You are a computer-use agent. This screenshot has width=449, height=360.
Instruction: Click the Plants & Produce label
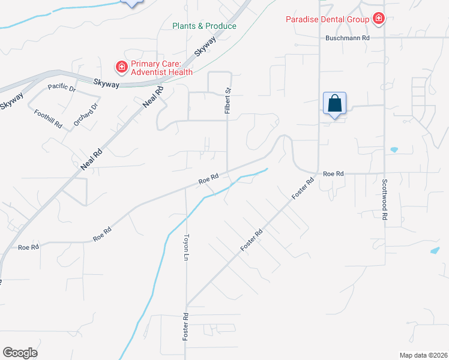204,26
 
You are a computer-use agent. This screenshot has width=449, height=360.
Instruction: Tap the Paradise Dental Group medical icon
378,19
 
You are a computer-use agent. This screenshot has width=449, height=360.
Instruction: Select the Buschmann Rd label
348,37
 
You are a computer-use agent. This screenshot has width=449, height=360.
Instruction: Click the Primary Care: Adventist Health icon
121,66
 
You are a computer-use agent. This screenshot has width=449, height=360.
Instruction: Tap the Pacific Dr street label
62,88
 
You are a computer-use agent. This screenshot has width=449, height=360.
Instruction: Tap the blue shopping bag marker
334,103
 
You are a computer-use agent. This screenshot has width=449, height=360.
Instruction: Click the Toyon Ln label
186,247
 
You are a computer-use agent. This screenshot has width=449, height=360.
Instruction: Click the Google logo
20,353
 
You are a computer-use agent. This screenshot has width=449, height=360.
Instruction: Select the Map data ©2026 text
423,355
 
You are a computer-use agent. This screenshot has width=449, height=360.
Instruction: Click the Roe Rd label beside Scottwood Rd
333,173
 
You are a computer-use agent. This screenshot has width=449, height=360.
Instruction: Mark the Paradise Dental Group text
327,19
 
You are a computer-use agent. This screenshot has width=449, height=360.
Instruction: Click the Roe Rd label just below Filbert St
208,179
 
